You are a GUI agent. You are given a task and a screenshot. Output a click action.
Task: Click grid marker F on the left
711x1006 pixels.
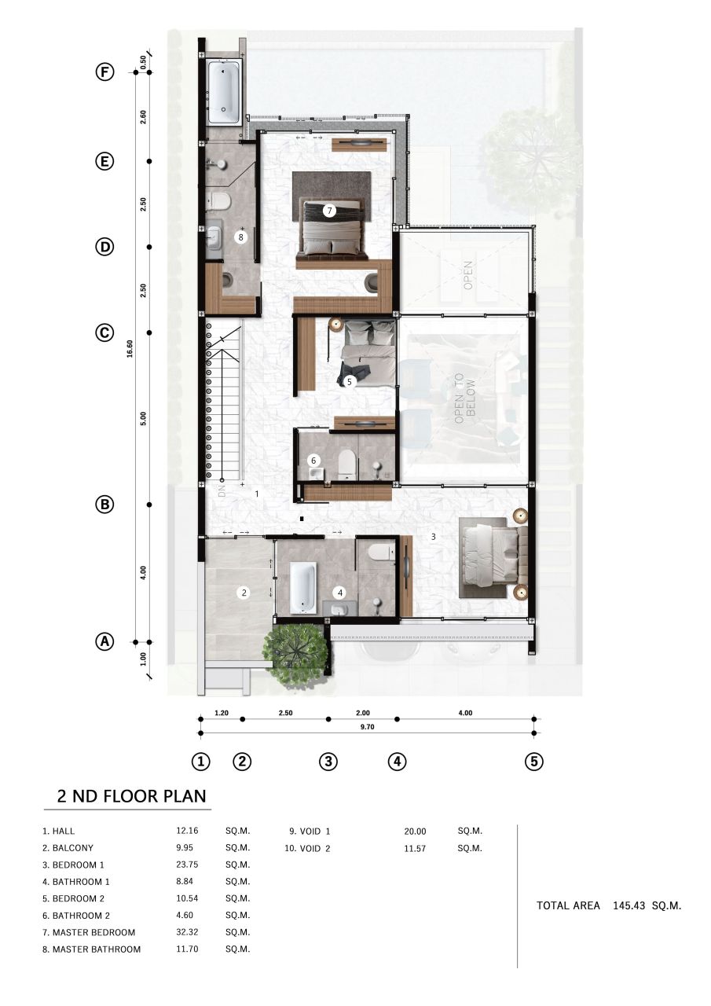(x=104, y=72)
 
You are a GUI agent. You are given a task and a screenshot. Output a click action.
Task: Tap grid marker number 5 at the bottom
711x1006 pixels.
(x=534, y=762)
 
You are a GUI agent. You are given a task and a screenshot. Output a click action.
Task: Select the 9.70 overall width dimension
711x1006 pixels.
(x=366, y=728)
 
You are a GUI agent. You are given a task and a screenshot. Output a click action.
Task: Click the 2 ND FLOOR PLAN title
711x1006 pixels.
(x=131, y=795)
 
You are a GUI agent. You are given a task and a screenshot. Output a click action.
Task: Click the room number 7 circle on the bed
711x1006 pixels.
(x=329, y=211)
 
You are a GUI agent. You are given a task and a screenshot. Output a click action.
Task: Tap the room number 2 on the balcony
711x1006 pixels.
(x=244, y=593)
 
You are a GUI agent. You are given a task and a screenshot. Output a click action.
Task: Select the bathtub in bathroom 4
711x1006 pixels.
(x=302, y=588)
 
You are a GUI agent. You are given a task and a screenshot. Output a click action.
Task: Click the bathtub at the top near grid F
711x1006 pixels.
(x=225, y=92)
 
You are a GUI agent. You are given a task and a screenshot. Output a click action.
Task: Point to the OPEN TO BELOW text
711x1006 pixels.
(x=465, y=398)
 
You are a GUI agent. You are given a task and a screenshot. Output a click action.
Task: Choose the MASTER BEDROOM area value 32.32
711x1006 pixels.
(x=188, y=932)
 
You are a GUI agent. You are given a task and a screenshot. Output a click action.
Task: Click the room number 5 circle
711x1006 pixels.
(x=350, y=382)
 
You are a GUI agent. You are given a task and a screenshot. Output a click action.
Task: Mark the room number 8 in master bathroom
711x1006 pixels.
(x=241, y=236)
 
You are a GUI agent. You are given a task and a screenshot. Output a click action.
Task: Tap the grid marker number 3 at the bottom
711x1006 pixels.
(x=328, y=762)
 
